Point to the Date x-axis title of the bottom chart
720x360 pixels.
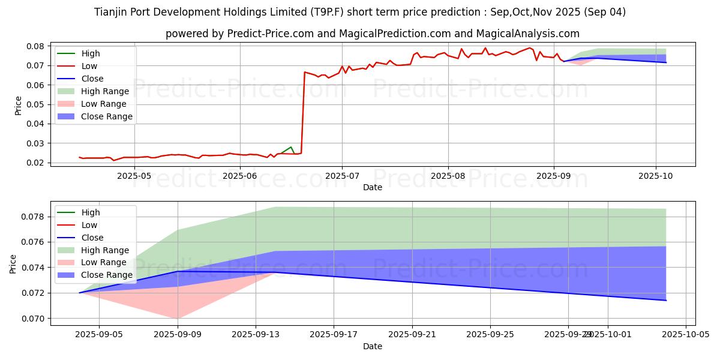point(373,346)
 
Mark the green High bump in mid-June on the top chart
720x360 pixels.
point(292,147)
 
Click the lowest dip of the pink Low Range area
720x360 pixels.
point(177,319)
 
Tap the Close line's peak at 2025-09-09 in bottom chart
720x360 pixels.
point(177,271)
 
